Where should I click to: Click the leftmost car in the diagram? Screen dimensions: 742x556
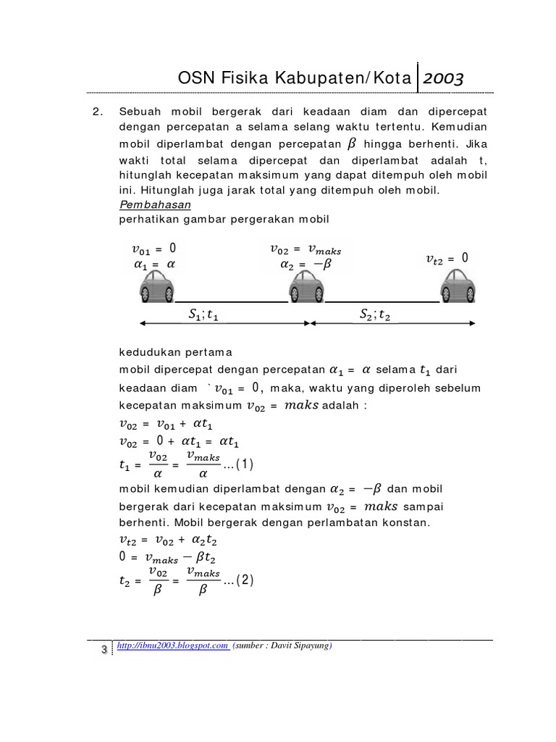pyautogui.click(x=157, y=286)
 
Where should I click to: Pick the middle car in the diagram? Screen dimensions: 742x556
pyautogui.click(x=307, y=286)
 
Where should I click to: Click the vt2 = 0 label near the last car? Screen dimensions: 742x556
pyautogui.click(x=447, y=258)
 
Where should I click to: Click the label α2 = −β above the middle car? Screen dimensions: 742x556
pyautogui.click(x=305, y=264)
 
